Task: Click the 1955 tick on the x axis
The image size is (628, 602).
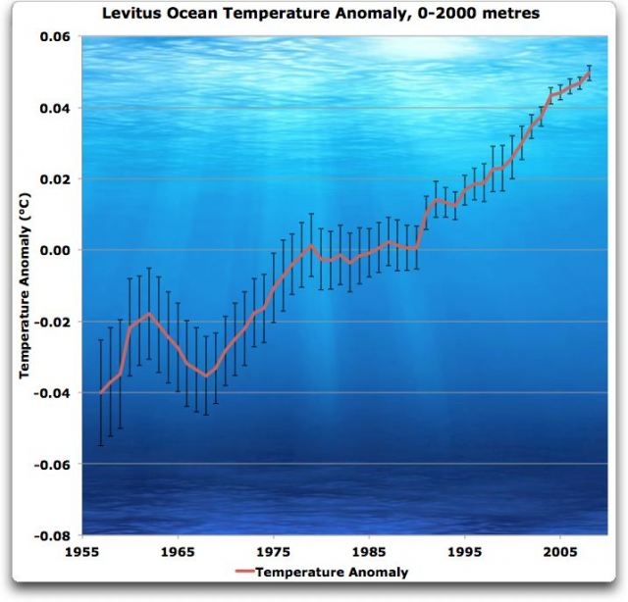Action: (x=82, y=551)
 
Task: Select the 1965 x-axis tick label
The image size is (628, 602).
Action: (x=178, y=551)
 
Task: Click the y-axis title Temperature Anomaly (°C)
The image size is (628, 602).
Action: (x=25, y=285)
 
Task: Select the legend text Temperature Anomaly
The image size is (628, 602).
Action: (x=333, y=572)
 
